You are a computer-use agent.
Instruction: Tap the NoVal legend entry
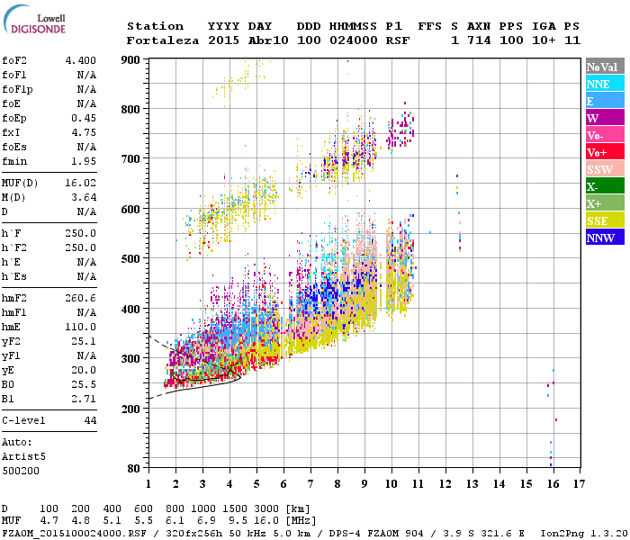click(603, 67)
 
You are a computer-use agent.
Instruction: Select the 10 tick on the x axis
click(391, 484)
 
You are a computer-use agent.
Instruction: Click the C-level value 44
click(90, 420)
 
